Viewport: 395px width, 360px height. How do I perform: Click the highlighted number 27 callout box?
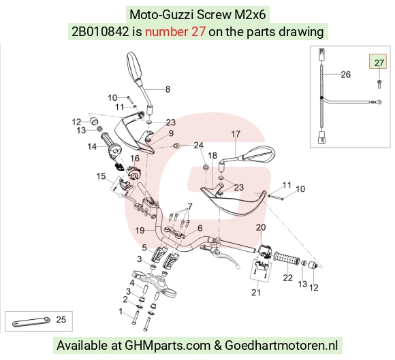point(378,61)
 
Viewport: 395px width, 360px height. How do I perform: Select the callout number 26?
point(346,74)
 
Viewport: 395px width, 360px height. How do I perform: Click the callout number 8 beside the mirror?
point(168,89)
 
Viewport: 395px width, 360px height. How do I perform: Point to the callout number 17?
point(236,134)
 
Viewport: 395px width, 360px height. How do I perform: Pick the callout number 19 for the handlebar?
point(140,230)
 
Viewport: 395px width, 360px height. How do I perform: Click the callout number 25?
point(61,320)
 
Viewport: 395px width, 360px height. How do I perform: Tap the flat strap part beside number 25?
point(31,321)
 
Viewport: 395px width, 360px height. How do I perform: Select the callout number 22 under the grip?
point(287,278)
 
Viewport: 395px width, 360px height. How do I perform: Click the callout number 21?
point(255,293)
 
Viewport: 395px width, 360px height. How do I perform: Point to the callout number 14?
point(92,146)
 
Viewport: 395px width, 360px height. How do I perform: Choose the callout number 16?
point(135,159)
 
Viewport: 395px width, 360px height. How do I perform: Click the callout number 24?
point(198,145)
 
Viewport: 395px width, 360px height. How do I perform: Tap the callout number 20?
point(261,227)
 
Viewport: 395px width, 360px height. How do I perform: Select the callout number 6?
point(200,229)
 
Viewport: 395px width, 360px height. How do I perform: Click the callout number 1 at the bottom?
point(121,312)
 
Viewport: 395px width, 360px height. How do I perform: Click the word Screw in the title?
point(214,14)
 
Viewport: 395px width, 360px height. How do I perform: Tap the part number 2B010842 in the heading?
point(100,32)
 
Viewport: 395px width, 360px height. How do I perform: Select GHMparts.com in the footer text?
point(168,346)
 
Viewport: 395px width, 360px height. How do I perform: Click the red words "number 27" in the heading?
point(175,32)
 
